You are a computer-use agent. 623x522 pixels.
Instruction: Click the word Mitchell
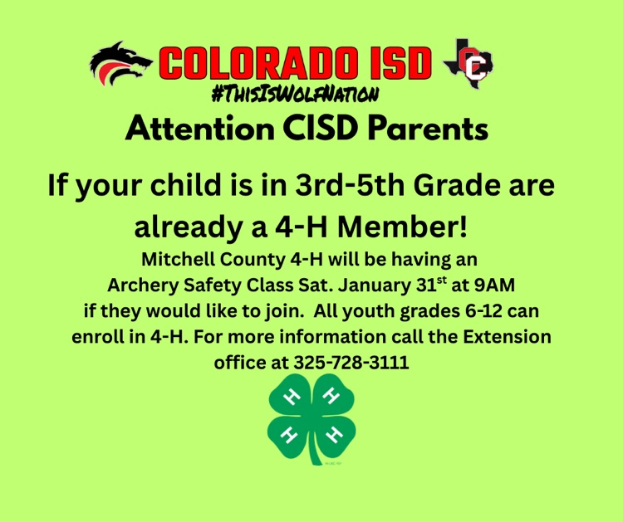[x=174, y=260]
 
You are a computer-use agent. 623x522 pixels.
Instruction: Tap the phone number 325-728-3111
[x=351, y=363]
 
